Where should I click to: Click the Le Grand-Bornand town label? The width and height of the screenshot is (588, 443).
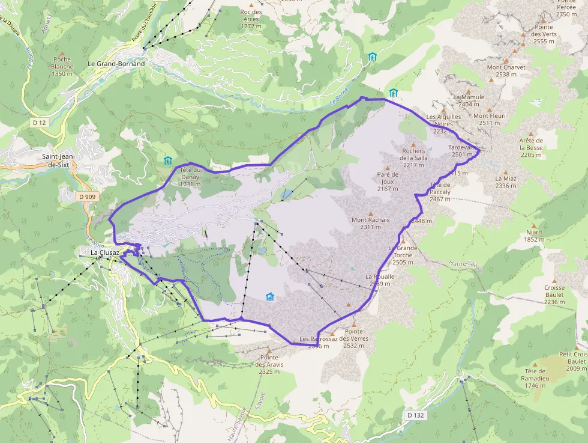[116, 63]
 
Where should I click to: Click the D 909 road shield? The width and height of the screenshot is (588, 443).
[86, 197]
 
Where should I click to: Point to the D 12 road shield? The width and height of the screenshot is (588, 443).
[39, 122]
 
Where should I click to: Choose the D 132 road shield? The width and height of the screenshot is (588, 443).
[415, 415]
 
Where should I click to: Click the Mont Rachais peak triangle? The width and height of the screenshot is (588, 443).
[371, 213]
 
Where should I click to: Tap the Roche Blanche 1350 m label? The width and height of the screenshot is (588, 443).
[62, 66]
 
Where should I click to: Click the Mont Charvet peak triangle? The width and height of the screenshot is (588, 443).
[506, 60]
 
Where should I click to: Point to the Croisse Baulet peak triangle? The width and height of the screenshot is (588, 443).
[554, 280]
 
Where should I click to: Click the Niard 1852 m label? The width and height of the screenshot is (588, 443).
[533, 236]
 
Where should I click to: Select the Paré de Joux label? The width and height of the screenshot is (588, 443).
[388, 182]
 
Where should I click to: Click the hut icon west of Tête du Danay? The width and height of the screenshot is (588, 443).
[167, 160]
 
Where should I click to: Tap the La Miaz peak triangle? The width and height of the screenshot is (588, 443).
[506, 171]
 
